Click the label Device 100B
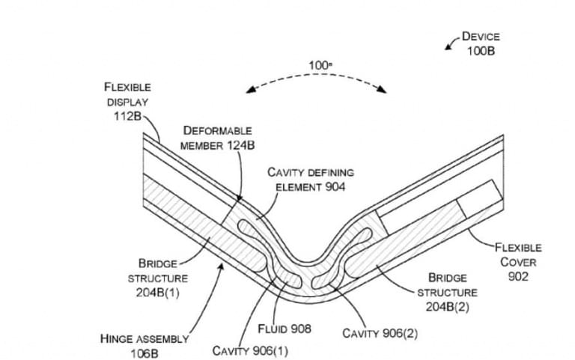point(480,43)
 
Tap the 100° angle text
point(320,66)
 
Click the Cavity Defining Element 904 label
point(310,180)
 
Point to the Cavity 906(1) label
point(249,350)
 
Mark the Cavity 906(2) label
point(380,333)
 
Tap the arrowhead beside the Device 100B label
point(448,47)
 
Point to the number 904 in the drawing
point(335,186)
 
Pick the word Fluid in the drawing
point(273,328)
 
